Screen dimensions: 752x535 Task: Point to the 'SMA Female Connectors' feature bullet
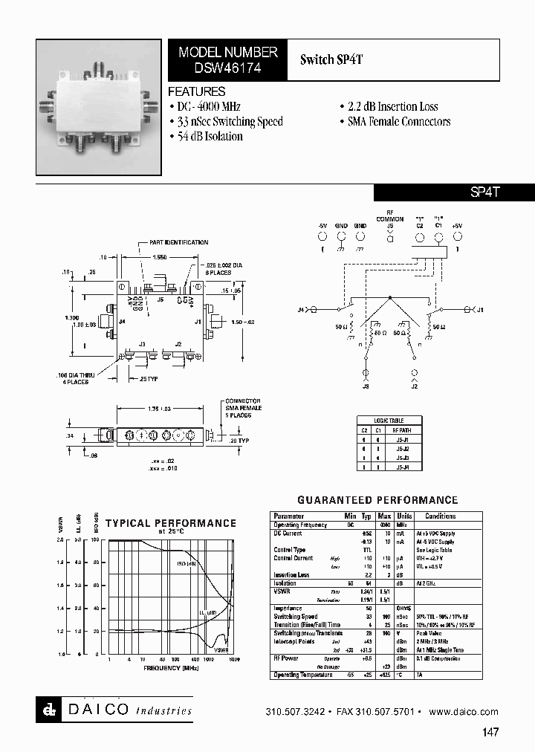pyautogui.click(x=395, y=122)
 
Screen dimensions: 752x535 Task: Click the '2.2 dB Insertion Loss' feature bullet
pyautogui.click(x=389, y=107)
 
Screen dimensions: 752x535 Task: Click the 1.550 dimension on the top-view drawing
pyautogui.click(x=159, y=256)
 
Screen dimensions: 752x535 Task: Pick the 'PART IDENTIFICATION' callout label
pyautogui.click(x=178, y=242)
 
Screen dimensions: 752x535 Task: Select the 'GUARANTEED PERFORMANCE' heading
pyautogui.click(x=377, y=500)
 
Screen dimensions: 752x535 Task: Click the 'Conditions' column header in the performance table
pyautogui.click(x=441, y=516)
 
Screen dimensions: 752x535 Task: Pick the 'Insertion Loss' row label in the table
pyautogui.click(x=291, y=575)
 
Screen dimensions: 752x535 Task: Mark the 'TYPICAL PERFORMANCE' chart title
pyautogui.click(x=171, y=523)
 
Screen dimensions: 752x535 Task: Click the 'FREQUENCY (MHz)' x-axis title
pyautogui.click(x=172, y=667)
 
